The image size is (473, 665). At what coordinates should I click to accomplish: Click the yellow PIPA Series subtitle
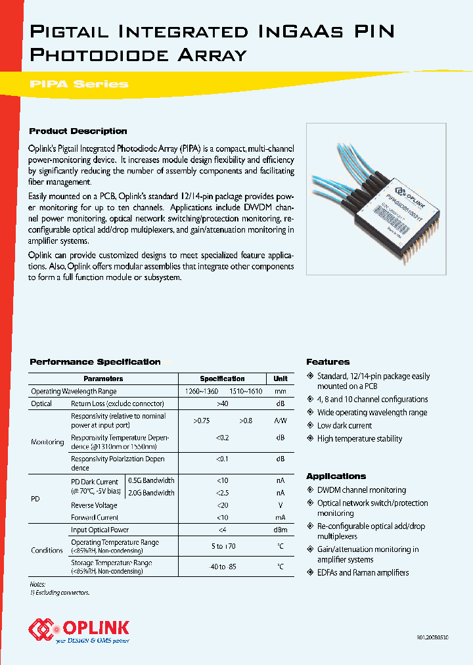79,84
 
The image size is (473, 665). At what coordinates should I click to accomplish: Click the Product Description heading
78,131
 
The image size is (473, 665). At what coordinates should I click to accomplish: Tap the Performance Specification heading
95,362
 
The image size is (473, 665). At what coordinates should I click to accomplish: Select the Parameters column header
103,378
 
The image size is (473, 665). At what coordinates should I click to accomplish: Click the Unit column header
280,378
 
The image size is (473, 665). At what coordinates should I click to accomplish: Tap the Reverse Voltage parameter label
94,505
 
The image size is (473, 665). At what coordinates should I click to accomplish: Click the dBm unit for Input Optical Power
280,530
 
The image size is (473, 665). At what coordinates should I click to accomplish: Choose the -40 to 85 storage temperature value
222,566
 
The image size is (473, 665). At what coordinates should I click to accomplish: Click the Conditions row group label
47,550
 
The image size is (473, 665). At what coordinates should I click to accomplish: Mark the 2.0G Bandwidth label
151,493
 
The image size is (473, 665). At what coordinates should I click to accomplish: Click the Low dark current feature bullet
344,426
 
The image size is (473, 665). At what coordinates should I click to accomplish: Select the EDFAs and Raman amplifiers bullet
363,572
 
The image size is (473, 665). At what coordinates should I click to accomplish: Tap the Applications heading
336,476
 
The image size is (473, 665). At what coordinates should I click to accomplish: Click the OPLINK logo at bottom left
79,630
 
